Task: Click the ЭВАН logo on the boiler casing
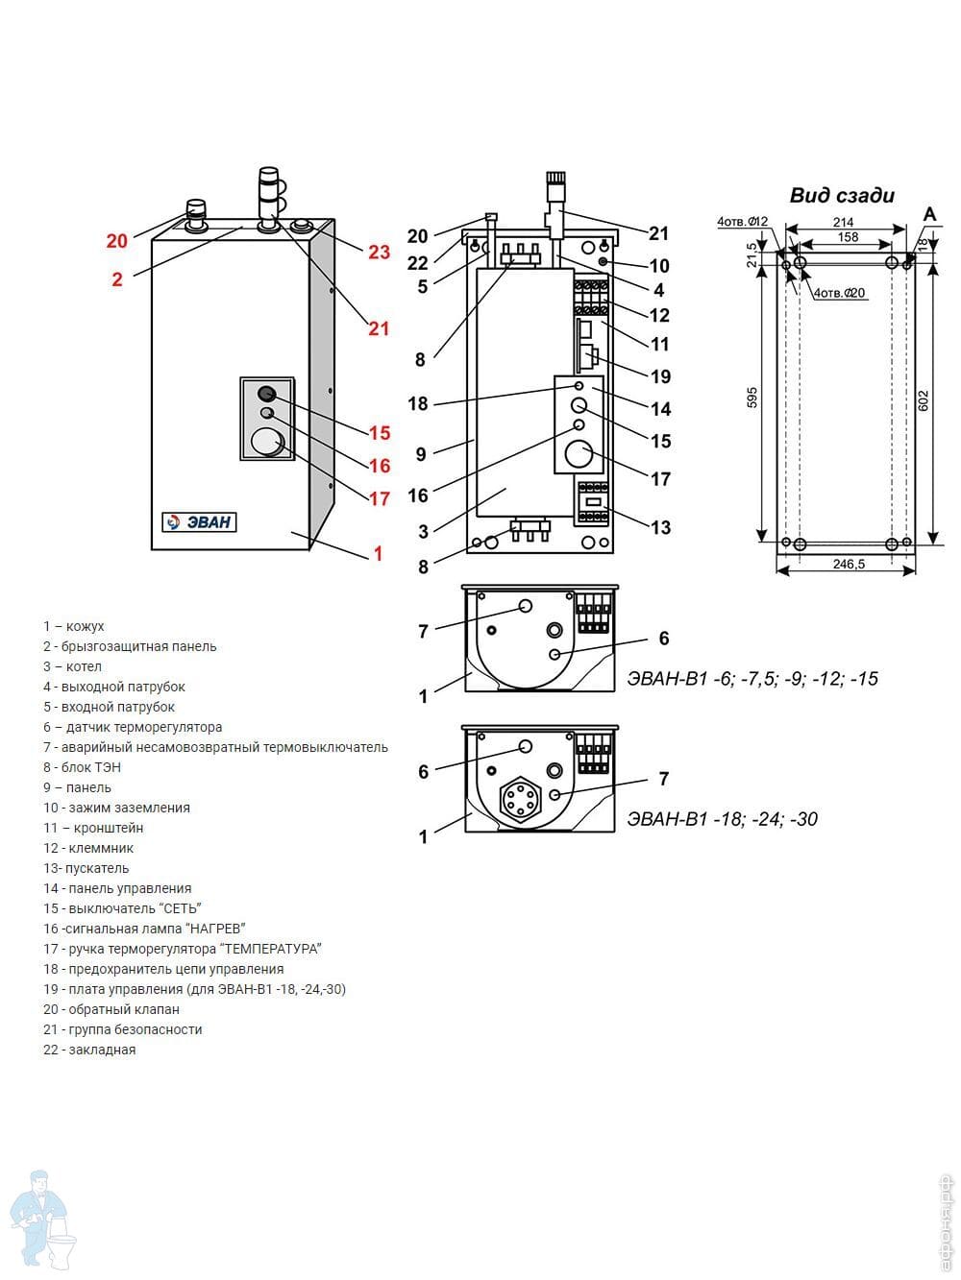(199, 522)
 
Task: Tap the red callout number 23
(380, 252)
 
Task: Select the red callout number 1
(378, 554)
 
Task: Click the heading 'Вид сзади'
(842, 196)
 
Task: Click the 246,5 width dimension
(848, 565)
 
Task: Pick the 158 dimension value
(847, 237)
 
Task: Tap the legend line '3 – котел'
(72, 666)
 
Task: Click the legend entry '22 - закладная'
(89, 1050)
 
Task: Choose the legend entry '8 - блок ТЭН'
(82, 767)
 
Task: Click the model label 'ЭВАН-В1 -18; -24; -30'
(723, 819)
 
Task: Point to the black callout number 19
(660, 376)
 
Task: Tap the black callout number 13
(660, 527)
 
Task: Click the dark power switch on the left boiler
(267, 393)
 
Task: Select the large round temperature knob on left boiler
(266, 442)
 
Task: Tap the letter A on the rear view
(929, 214)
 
